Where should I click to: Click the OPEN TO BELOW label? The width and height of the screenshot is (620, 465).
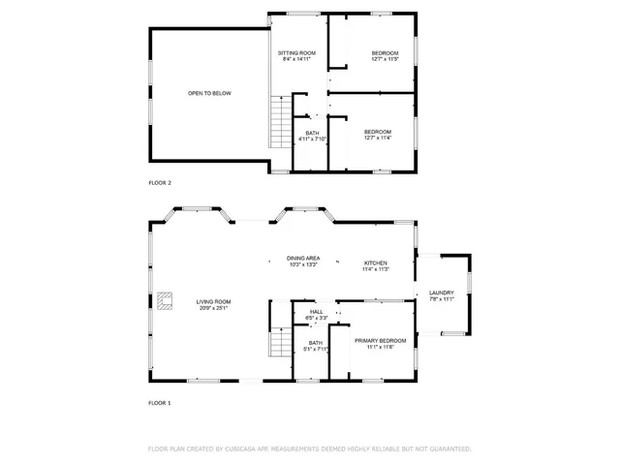pos(209,93)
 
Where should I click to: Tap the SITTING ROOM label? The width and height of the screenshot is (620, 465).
pos(296,52)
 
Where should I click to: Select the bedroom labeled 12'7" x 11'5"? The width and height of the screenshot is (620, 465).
pos(386,55)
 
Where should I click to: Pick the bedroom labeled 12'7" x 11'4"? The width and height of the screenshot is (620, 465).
pos(378,135)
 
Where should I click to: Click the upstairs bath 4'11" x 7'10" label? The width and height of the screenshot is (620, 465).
pos(312,137)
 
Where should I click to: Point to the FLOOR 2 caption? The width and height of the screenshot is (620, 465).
pos(160,183)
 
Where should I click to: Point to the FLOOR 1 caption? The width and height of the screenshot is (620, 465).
pos(160,402)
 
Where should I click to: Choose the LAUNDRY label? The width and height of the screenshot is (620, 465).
pos(442,294)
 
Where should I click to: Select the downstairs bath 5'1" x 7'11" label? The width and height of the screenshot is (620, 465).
pos(316,346)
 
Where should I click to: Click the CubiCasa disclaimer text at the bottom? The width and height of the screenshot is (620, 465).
pos(310,449)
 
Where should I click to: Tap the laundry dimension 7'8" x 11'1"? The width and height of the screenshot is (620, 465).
pos(442,299)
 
